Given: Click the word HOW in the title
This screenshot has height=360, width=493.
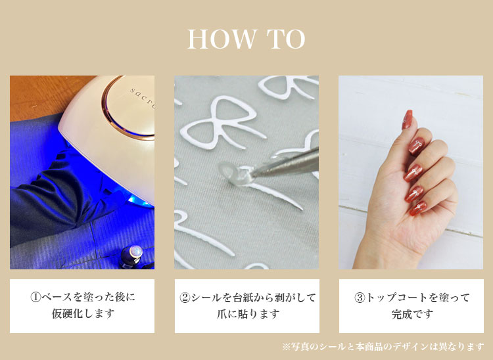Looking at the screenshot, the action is click(222, 39).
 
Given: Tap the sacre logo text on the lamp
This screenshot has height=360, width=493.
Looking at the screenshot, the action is click(142, 97).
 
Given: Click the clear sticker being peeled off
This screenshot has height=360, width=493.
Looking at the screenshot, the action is click(233, 173).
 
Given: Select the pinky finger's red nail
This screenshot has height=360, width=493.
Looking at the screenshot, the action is click(418, 208).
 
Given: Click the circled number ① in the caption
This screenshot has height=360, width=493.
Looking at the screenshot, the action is click(35, 297).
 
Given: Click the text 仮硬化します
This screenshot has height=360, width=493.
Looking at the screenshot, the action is click(83, 313).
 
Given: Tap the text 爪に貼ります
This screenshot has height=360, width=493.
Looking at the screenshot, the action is click(247, 314).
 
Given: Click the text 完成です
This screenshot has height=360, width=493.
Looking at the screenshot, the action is click(412, 314).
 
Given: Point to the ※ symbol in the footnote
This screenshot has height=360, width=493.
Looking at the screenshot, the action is click(286, 347).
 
